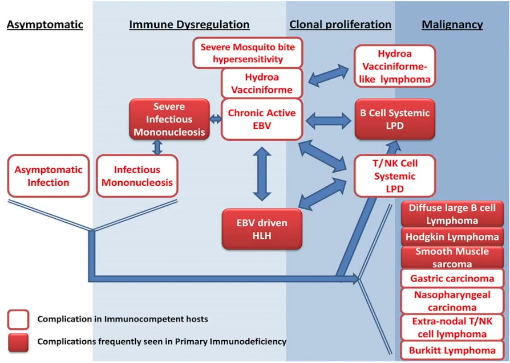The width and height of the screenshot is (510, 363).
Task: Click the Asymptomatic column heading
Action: tap(45, 25)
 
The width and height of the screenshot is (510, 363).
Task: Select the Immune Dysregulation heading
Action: tap(189, 25)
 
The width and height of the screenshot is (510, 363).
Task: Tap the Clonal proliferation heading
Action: tap(341, 25)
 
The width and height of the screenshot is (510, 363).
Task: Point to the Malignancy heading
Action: tap(452, 25)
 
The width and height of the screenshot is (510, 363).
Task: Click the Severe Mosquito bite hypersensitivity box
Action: tap(248, 52)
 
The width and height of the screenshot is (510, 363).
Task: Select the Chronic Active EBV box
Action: tap(262, 119)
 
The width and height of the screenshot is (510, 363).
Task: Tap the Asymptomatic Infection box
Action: tap(48, 176)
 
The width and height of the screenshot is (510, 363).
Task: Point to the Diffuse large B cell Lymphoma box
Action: tap(452, 214)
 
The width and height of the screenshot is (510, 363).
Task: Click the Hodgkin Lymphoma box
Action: tap(452, 236)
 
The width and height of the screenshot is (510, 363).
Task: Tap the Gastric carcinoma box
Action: tap(452, 278)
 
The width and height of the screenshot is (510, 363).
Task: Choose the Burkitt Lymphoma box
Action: tap(452, 350)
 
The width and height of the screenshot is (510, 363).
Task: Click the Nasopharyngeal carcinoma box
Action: tap(452, 300)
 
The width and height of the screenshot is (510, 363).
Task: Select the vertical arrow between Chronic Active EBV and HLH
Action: tap(262, 173)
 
